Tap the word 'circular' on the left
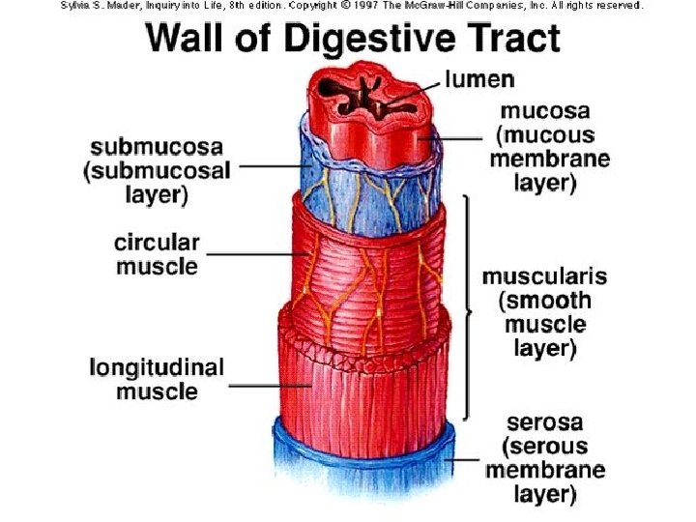(x=157, y=243)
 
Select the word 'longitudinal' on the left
(x=157, y=368)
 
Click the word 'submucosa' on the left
(x=157, y=148)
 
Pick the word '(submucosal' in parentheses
(x=157, y=171)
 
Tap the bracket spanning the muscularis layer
(x=470, y=309)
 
